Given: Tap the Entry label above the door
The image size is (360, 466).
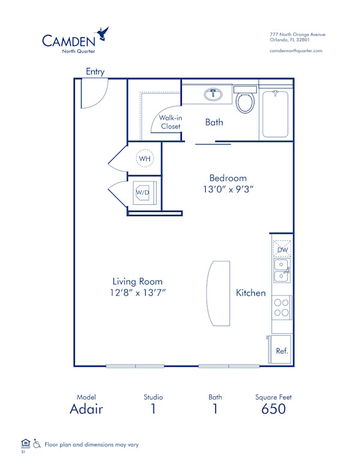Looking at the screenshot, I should coord(95,71).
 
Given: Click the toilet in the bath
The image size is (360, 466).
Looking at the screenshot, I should coord(245,101).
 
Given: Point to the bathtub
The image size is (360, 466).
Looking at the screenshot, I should coord(276,114).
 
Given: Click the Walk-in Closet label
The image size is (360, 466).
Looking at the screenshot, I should coord(170,122).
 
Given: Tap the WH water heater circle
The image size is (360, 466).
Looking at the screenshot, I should coord(144,159).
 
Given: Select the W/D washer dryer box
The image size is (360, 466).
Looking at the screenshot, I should coord(143,192).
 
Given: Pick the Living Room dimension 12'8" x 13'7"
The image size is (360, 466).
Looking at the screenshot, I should coord(137,292).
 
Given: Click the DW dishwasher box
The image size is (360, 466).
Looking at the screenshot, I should coord(281,249).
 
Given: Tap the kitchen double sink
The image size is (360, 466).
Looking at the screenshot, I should coord(281,270).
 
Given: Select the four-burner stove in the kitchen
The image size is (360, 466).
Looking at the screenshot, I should coord(281,307).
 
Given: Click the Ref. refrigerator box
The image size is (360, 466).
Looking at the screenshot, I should coord(281,350).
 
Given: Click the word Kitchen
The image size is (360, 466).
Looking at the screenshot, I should coord(250,293).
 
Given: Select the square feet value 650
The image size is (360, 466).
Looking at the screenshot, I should coord(273,410).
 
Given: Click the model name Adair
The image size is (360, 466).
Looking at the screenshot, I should coord(86,410).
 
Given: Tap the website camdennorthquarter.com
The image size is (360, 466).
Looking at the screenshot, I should coord(296,51).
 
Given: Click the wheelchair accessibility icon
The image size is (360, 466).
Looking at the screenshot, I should coord(37,444).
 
